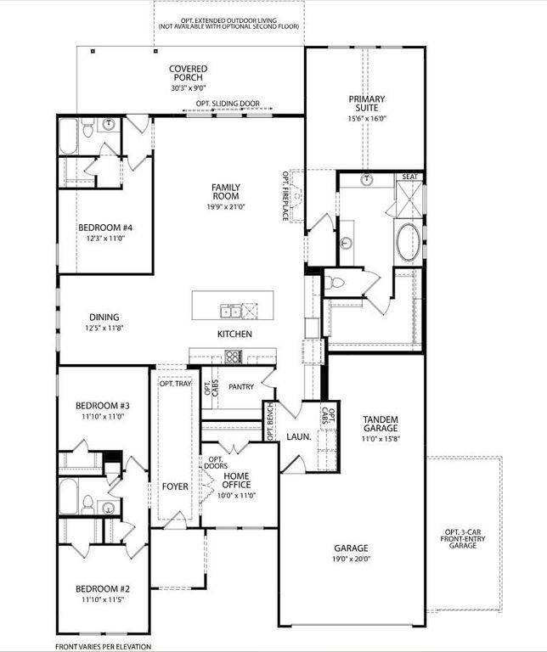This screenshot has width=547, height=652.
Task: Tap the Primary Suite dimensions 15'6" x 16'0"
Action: (x=367, y=119)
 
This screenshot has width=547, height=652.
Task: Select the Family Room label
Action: (x=225, y=193)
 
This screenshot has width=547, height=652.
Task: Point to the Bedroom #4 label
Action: (x=104, y=228)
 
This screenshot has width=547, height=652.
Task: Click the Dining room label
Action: (x=102, y=318)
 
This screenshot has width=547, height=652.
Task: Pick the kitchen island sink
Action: (x=230, y=310)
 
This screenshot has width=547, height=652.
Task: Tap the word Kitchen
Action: (x=234, y=334)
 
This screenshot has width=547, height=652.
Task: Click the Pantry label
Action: (x=241, y=386)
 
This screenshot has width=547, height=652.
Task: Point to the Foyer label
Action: (x=175, y=486)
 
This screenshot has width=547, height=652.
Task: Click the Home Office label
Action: (x=236, y=481)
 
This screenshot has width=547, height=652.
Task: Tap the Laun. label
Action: (x=297, y=437)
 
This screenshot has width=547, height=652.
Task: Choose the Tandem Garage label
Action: (x=380, y=424)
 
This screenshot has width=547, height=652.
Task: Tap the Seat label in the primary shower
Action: (x=409, y=177)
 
